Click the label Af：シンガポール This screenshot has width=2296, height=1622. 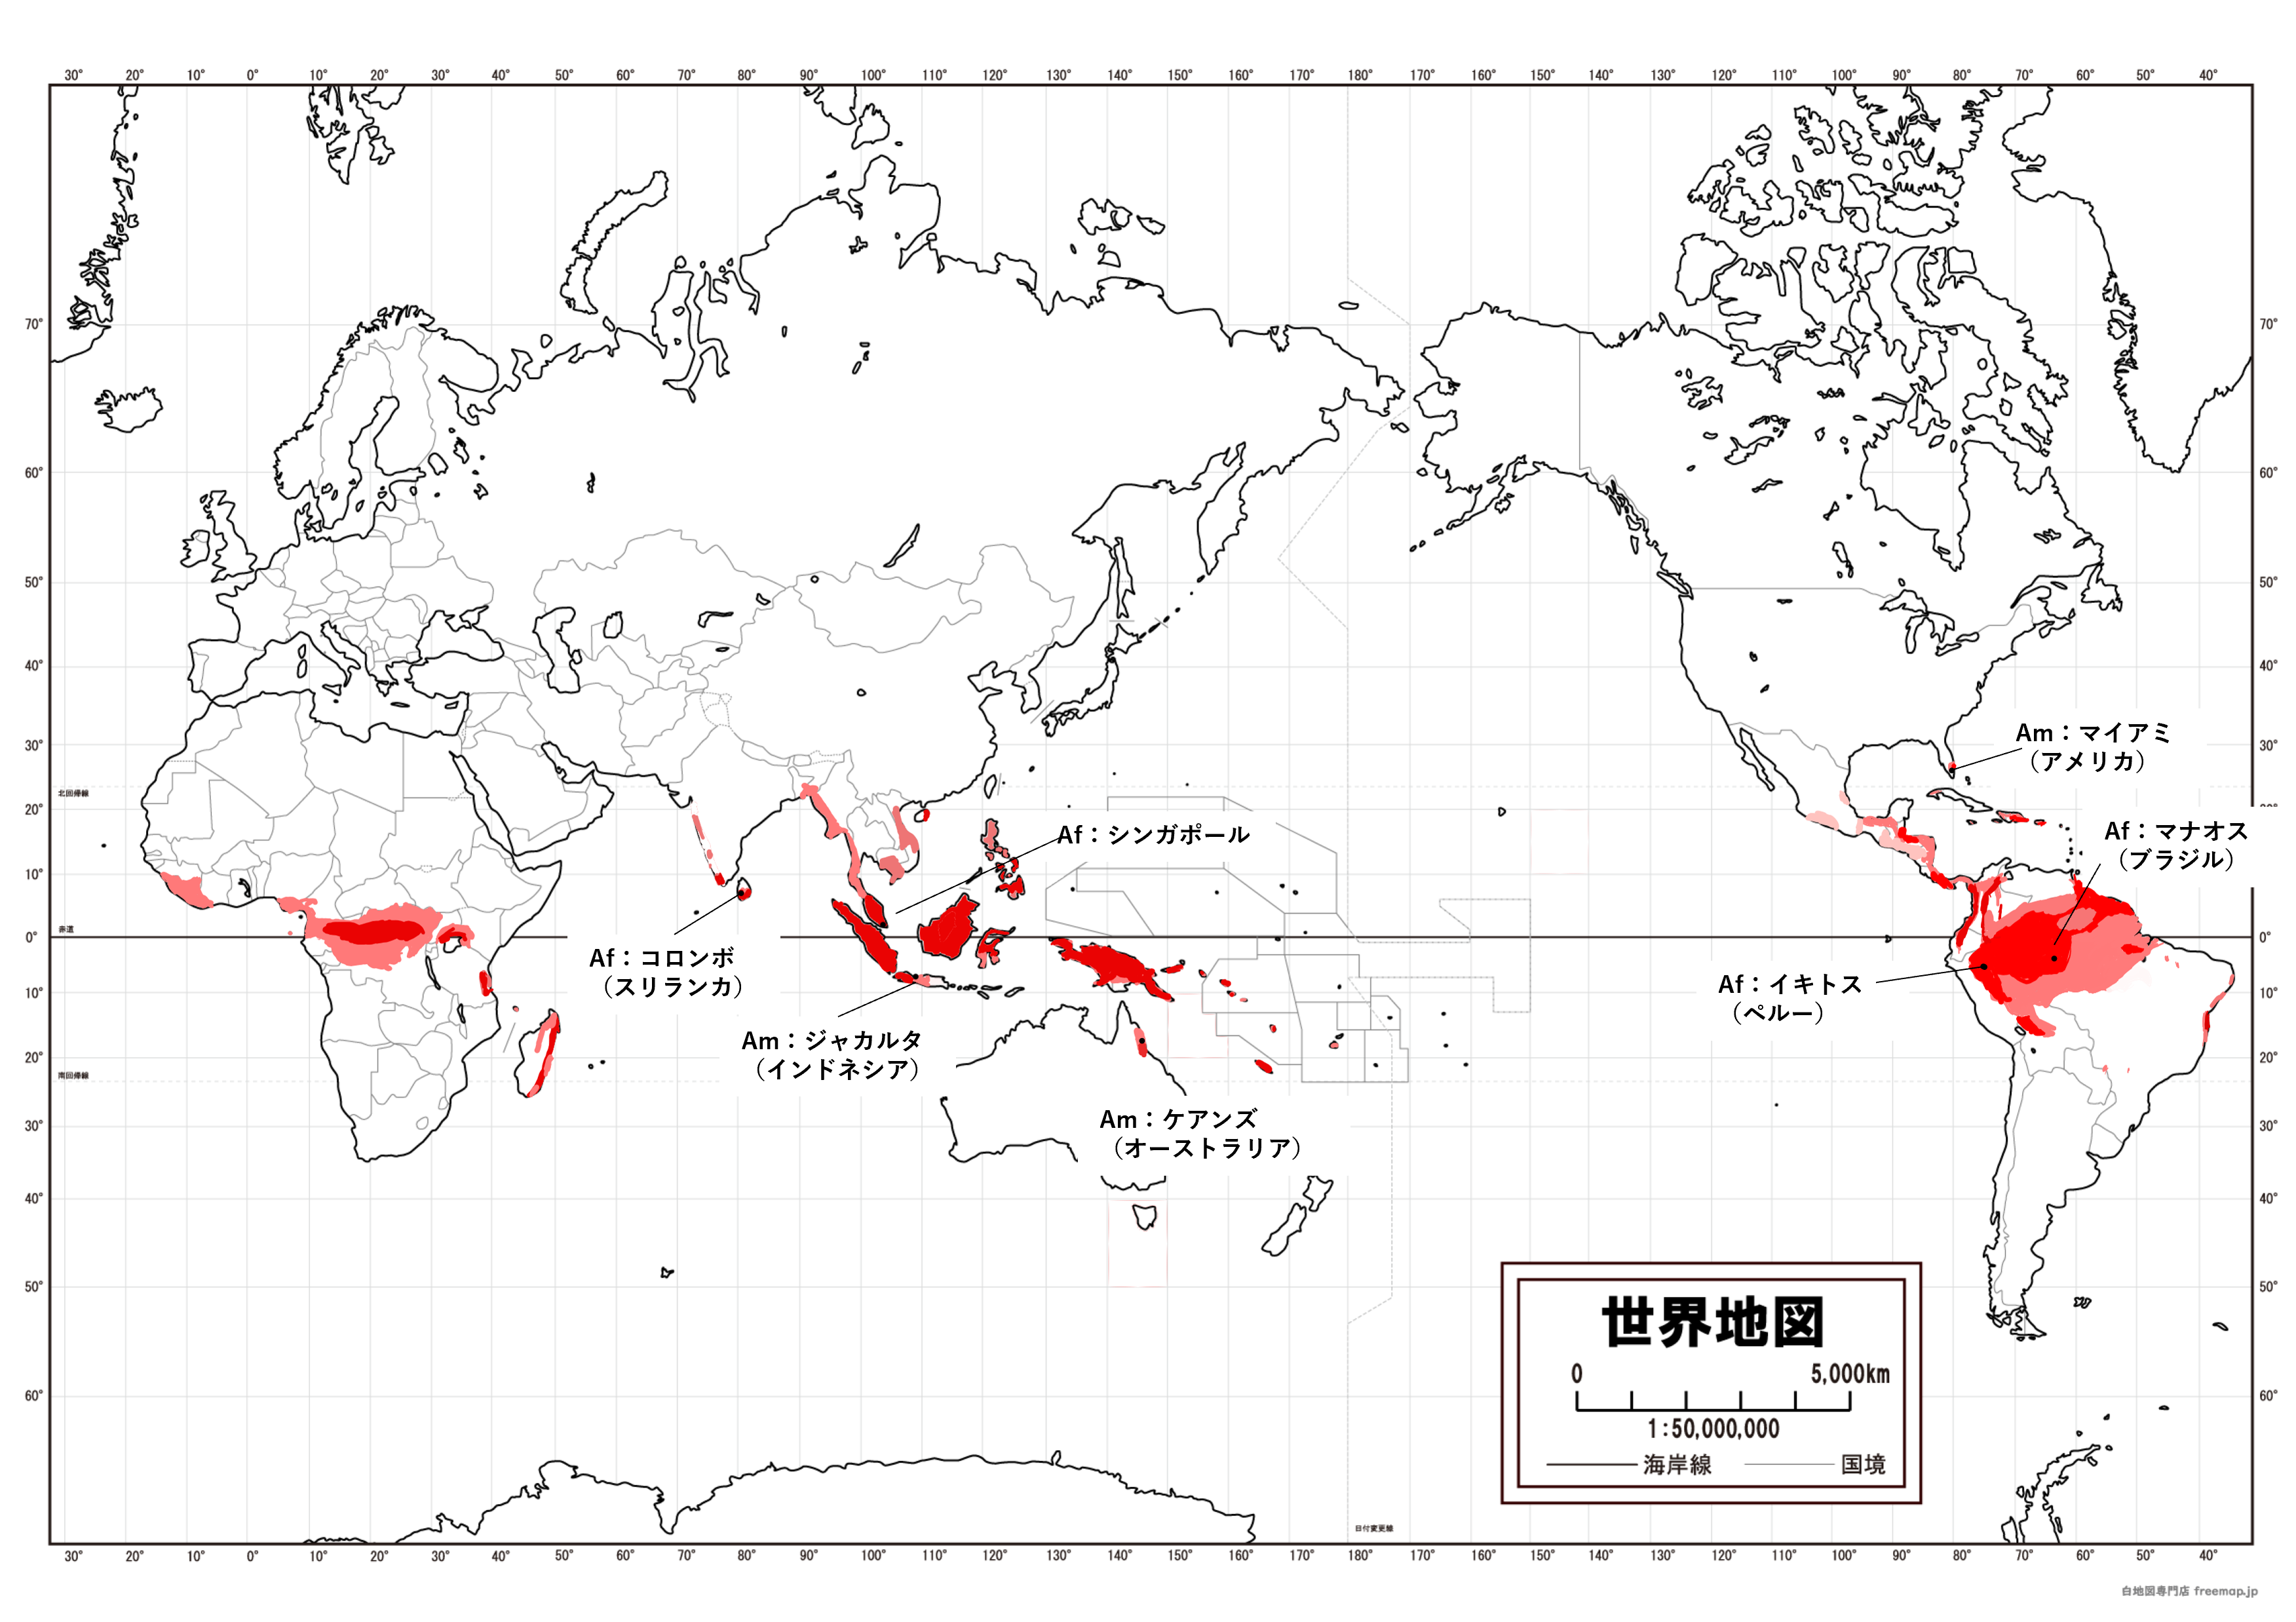[x=1153, y=835]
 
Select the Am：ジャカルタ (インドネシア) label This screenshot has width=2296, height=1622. [x=832, y=1055]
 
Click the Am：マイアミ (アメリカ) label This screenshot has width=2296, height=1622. [x=2092, y=747]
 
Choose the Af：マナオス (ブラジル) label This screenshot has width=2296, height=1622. [x=2176, y=845]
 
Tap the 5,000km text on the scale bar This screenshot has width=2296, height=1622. [x=1849, y=1374]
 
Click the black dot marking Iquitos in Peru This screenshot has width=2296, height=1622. [x=1983, y=966]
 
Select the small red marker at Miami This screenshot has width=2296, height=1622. [x=1951, y=766]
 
